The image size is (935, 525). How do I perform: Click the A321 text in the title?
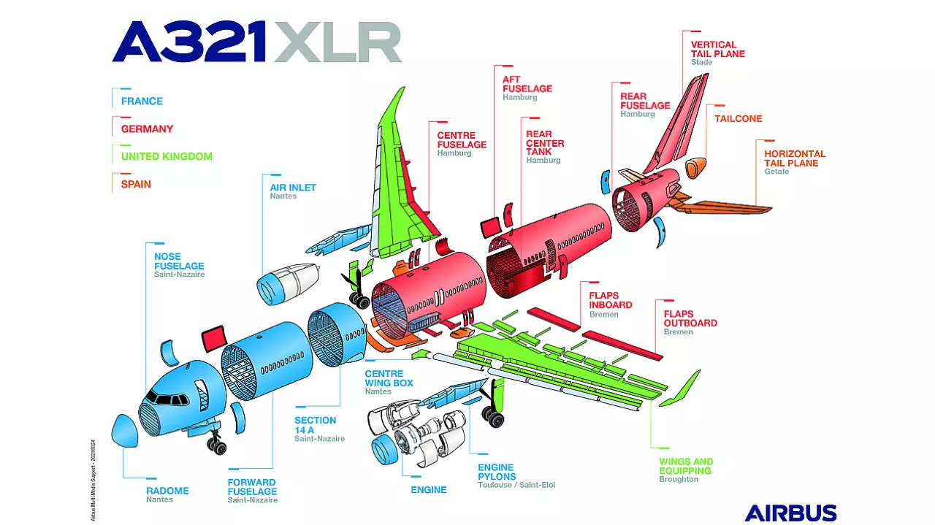pos(188,42)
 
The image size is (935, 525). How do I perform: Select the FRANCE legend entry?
pos(142,101)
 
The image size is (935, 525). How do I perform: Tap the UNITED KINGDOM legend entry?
pos(167,156)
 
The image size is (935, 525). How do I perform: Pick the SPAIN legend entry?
pos(136,184)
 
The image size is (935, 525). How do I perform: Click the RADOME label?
pos(167,491)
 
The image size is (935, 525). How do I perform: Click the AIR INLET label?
pos(293,187)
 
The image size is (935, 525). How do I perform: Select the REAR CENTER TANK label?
pos(545,143)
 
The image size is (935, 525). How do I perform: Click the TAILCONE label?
pos(738,118)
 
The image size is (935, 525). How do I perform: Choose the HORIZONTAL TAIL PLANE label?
pos(795,158)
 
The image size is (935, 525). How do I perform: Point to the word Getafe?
pos(776,172)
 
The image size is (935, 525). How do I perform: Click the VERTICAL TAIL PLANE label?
pos(718,49)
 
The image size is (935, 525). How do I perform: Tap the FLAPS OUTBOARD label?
pos(690,318)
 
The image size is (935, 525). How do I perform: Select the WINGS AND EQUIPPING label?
pos(686,466)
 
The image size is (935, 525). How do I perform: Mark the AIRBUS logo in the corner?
pos(790,513)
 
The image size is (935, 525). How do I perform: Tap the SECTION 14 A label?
pos(316,425)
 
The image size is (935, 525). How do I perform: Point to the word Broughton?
pos(679,480)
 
